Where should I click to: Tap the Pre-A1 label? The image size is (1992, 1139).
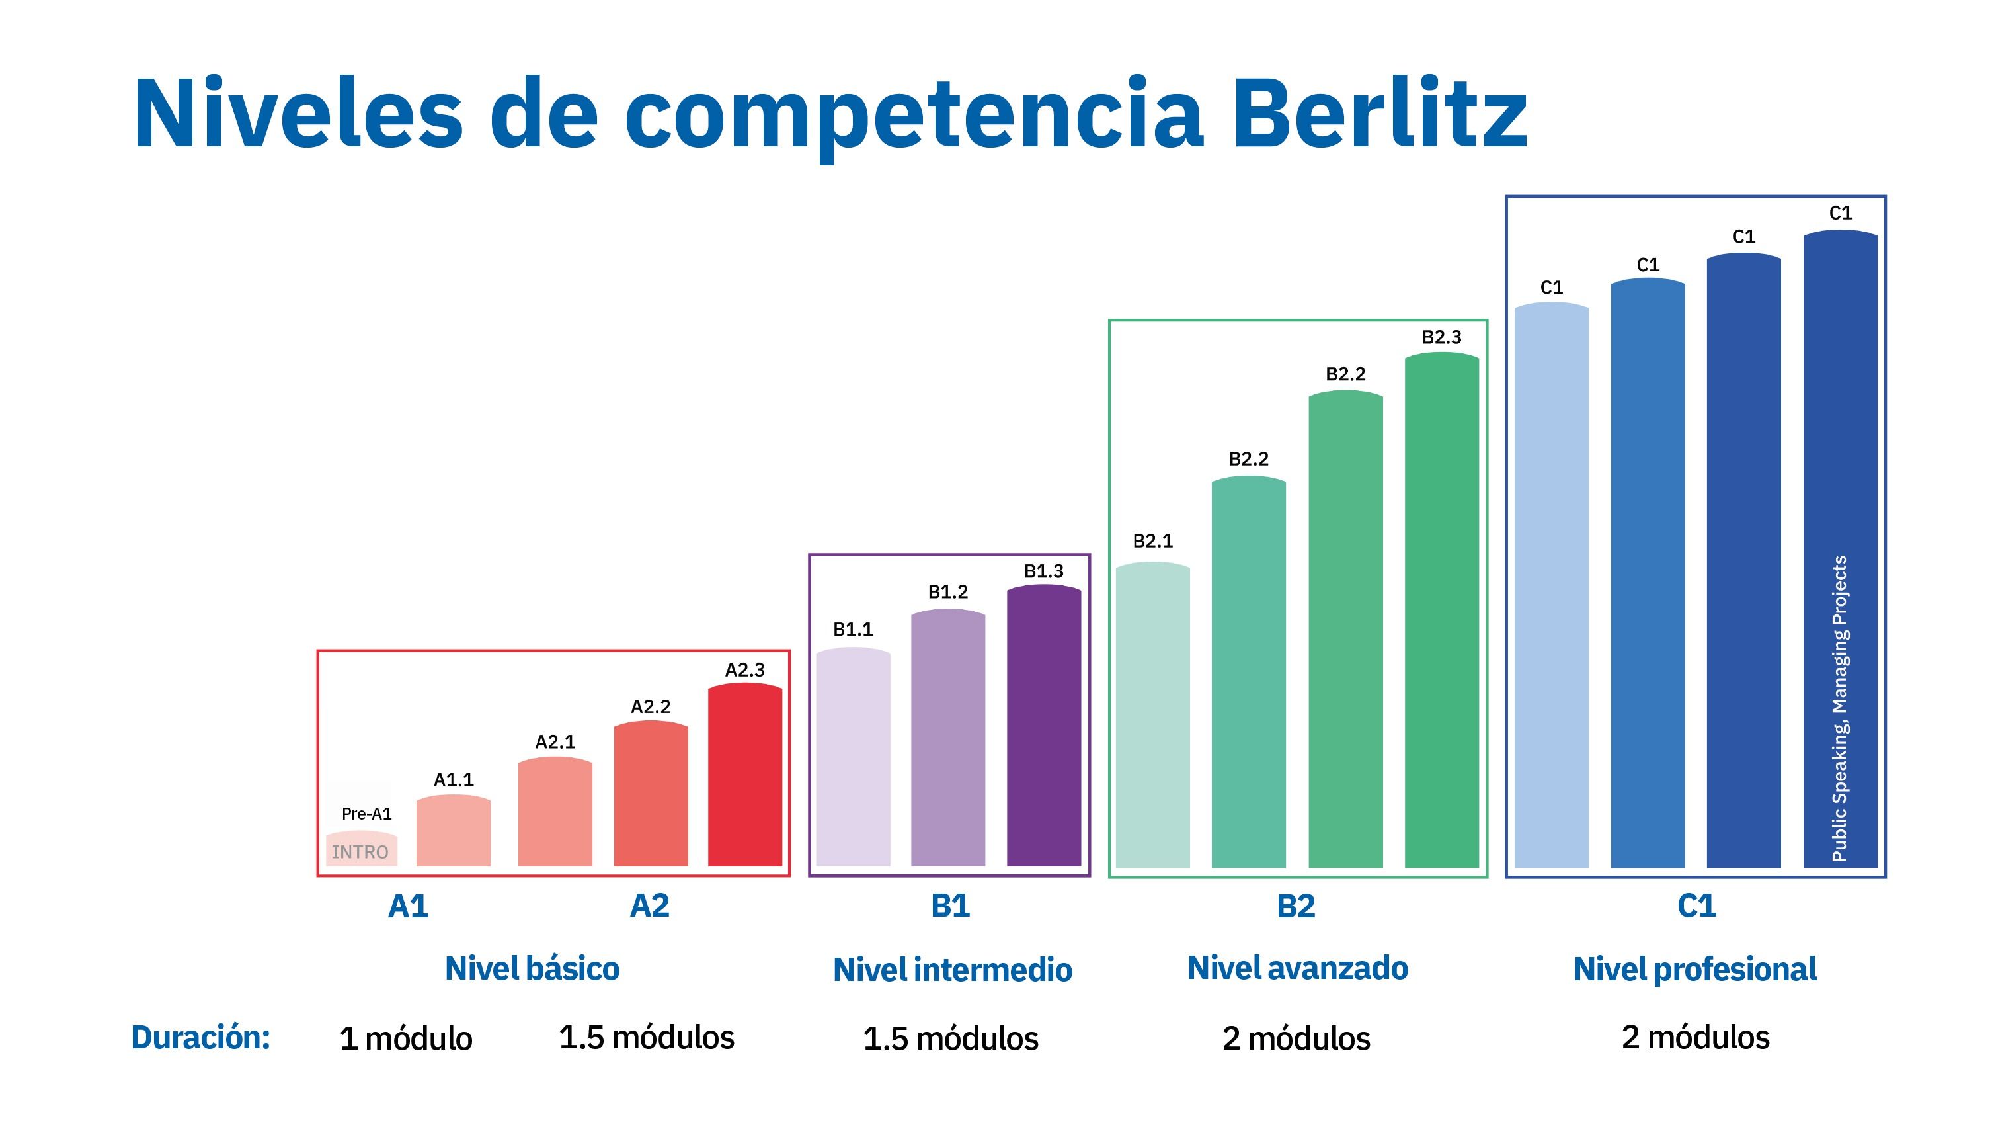coord(367,814)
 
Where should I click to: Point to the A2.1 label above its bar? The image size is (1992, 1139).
coord(555,741)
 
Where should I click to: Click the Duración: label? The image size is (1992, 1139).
coord(201,1037)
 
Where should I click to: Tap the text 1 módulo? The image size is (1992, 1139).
coord(406,1039)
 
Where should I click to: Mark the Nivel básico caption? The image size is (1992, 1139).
coord(532,968)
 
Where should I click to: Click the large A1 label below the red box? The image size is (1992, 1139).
coord(408,906)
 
